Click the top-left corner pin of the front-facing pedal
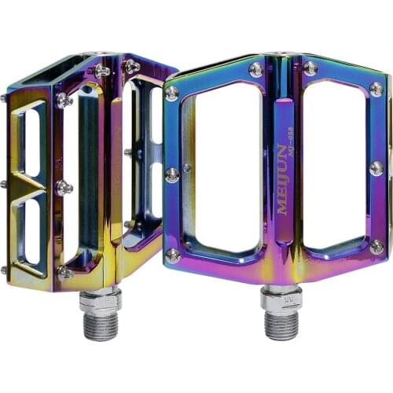(171, 94)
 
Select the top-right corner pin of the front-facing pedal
(376, 89)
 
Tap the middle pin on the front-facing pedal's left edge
(171, 174)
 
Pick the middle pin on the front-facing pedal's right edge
(376, 168)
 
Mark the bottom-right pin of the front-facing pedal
(376, 247)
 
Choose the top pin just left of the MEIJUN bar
(256, 69)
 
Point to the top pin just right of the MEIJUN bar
(311, 68)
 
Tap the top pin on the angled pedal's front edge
(64, 101)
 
